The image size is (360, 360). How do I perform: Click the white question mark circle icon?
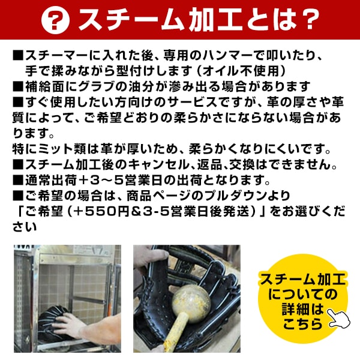(55, 20)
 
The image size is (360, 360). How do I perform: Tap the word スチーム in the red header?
(131, 20)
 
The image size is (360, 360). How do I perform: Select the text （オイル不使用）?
(242, 71)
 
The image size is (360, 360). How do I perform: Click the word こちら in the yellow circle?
(303, 324)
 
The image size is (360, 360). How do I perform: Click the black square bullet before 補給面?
(18, 86)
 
